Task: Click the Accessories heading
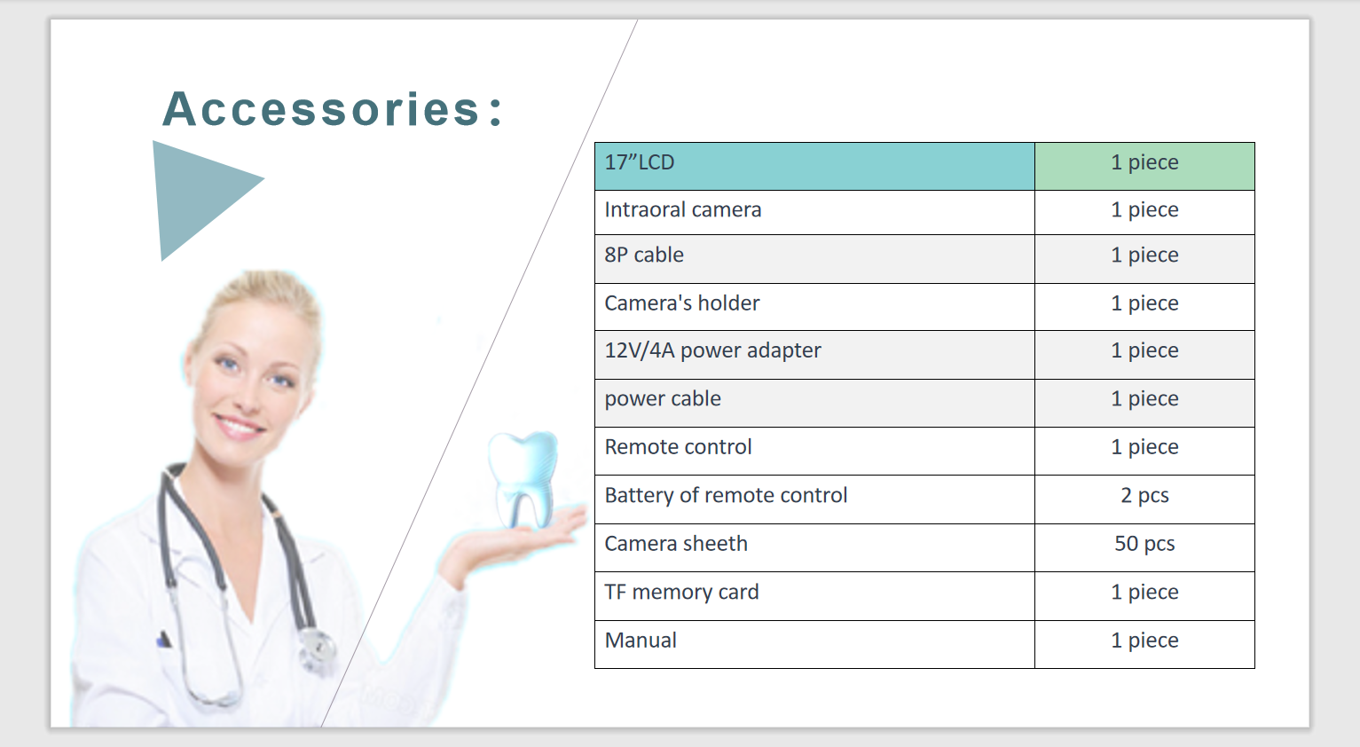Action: (x=333, y=109)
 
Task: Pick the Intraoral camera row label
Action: (x=682, y=210)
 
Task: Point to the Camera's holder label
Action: (x=682, y=303)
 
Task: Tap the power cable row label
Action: (x=663, y=399)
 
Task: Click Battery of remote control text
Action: (x=726, y=496)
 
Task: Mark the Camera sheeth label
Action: (x=676, y=544)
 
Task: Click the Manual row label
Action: (x=641, y=641)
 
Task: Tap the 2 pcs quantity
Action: (x=1144, y=496)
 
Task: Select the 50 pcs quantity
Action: (x=1144, y=544)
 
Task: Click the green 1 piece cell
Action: (x=1144, y=167)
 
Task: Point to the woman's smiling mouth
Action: (x=239, y=426)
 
